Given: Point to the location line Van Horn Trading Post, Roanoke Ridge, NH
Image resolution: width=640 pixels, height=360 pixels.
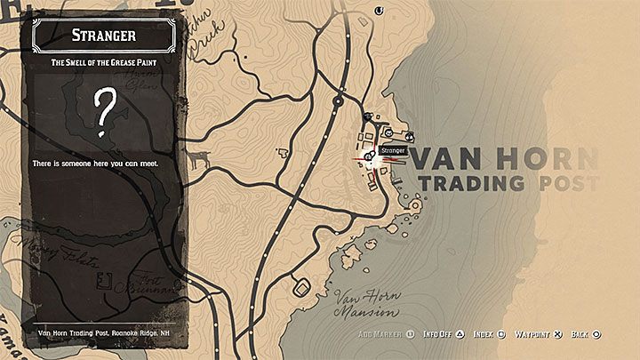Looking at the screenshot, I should click(x=107, y=334).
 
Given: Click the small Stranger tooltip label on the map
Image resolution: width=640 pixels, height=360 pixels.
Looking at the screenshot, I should click(x=392, y=150).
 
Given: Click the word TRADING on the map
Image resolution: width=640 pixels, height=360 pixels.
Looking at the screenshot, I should click(x=472, y=184).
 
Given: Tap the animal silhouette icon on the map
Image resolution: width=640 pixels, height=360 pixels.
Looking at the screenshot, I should click(x=198, y=159).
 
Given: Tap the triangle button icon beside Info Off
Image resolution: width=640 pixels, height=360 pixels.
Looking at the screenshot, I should click(x=460, y=334).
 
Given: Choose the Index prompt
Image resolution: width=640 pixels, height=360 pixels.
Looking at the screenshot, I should click(x=483, y=334).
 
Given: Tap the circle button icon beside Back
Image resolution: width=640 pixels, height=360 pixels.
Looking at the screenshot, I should click(x=596, y=334).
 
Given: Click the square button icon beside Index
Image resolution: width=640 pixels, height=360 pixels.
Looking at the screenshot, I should click(x=502, y=334).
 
